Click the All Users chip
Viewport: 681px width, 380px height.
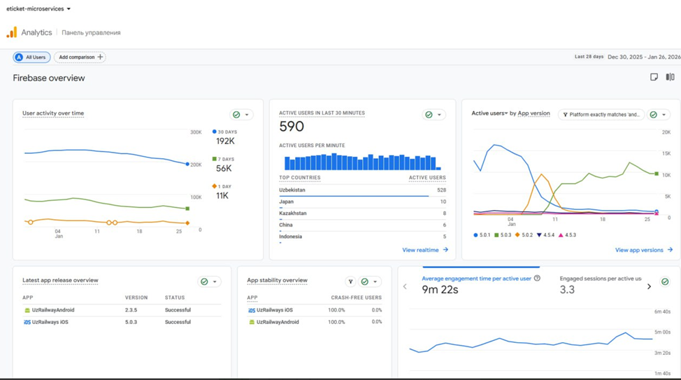coord(31,57)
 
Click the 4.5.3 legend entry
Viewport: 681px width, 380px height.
coord(567,235)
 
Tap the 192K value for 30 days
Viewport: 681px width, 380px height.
coord(225,141)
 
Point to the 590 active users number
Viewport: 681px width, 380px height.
coord(292,127)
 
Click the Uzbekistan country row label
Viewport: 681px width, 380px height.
coord(292,190)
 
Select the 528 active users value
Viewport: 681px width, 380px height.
coord(440,190)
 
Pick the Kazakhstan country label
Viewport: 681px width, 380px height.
coord(293,213)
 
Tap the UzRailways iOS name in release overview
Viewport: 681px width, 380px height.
coord(50,322)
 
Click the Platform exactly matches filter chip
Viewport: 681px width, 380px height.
coord(601,115)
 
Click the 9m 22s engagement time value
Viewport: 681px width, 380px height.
coord(440,290)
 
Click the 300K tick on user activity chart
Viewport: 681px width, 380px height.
coord(196,132)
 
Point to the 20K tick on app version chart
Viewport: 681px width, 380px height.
coord(666,132)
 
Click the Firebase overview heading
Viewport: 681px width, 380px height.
coord(49,78)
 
